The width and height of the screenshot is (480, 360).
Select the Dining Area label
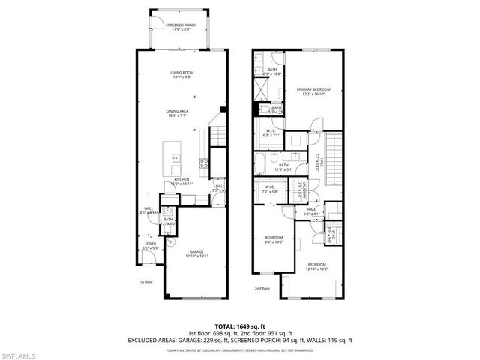point(178,113)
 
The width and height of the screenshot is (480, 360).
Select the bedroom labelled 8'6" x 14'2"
point(273,239)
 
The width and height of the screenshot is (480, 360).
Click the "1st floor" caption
point(145,282)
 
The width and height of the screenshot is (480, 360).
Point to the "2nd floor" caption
point(262,288)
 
